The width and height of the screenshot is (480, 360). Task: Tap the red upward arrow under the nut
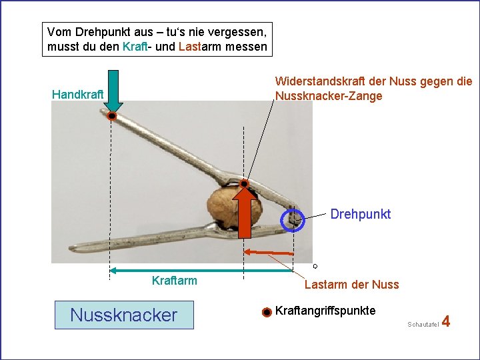246,212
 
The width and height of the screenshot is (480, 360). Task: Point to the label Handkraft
77,95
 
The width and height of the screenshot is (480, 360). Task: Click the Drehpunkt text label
361,214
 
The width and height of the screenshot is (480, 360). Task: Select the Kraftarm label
175,281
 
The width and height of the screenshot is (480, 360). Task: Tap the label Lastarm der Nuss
351,285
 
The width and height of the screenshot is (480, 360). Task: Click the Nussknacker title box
123,315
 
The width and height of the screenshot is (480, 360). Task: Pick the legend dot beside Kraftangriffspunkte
266,312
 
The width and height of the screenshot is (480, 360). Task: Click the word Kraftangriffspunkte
325,311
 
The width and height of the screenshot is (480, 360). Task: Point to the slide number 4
446,321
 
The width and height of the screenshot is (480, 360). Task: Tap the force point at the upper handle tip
113,116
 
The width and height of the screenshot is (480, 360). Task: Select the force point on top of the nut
245,183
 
